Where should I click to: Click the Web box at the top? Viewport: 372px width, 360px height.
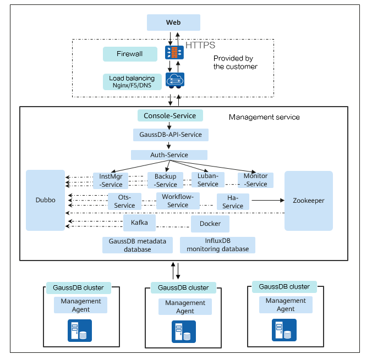click(173, 23)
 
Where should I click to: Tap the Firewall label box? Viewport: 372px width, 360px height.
click(129, 54)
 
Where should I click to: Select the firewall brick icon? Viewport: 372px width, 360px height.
click(174, 53)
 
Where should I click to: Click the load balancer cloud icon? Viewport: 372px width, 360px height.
click(174, 80)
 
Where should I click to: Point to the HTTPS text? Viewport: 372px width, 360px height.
click(200, 45)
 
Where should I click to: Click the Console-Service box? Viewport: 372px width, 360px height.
click(170, 115)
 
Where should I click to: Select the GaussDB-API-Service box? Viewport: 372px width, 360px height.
click(170, 135)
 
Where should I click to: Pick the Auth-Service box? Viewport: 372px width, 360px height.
click(169, 155)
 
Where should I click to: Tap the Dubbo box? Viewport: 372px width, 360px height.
click(45, 201)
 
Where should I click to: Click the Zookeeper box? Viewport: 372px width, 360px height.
click(308, 201)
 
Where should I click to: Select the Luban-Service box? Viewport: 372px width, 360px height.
click(208, 180)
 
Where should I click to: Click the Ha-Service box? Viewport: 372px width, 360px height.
click(233, 202)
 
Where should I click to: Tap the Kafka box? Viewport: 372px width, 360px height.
click(139, 223)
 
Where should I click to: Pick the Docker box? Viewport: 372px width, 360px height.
click(210, 224)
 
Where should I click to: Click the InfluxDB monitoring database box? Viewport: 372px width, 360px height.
click(217, 245)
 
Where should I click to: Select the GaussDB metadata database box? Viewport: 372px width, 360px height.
click(137, 245)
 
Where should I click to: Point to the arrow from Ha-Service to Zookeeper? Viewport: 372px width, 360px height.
click(266, 201)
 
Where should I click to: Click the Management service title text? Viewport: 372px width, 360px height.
click(264, 117)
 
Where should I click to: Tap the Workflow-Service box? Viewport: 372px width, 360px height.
click(177, 201)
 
